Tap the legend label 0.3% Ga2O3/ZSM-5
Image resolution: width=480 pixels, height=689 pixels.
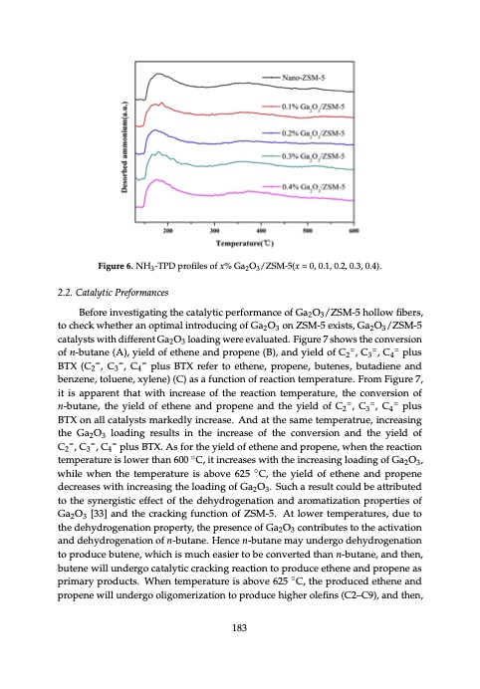tap(313, 156)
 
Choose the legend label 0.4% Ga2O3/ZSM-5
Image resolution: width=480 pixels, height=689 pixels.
tap(313, 187)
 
